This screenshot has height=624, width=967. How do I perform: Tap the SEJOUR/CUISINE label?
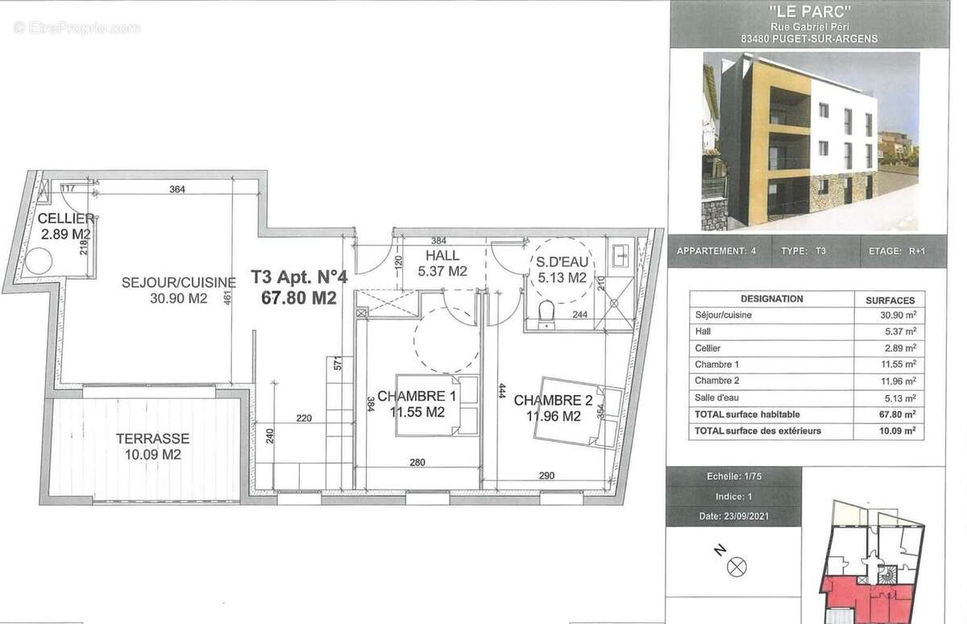tap(179, 283)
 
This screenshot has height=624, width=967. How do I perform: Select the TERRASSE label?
tap(151, 439)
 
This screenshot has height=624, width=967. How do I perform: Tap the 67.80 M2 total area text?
tap(298, 297)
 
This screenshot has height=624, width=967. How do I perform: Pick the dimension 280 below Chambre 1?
tap(417, 463)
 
